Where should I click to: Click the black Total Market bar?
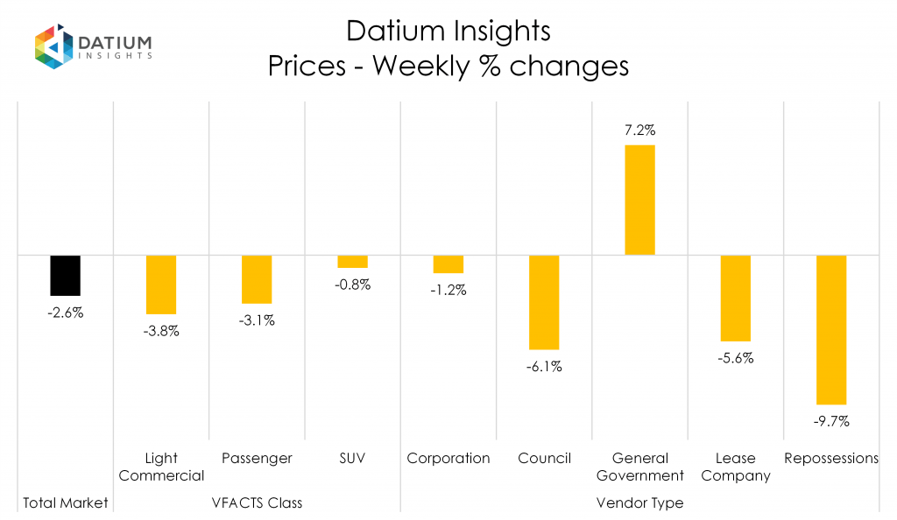(65, 275)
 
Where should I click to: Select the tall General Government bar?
(639, 200)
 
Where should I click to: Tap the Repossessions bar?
(830, 329)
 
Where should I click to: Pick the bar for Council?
(544, 302)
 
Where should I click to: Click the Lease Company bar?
(735, 298)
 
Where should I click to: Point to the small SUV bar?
(352, 261)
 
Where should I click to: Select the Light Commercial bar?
(161, 285)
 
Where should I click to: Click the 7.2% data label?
(640, 130)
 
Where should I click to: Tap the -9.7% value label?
(830, 421)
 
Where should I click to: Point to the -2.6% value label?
(65, 313)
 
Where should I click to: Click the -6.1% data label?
(544, 367)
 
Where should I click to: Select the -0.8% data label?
(353, 285)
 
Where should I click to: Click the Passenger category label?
(257, 458)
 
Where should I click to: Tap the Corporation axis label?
(448, 458)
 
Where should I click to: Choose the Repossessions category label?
(831, 458)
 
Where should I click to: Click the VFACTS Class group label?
(257, 502)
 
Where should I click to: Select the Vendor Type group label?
(639, 502)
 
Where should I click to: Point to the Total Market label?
(65, 502)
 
